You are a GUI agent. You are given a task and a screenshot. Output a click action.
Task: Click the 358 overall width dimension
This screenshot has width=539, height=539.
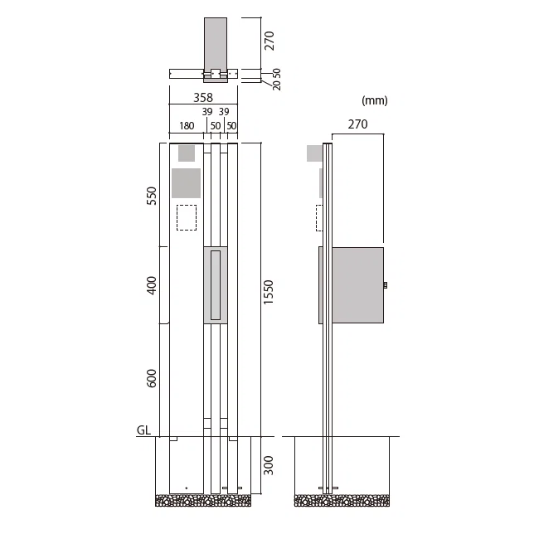coord(203,98)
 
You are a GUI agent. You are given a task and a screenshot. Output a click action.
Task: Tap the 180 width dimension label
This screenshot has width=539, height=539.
coord(187,126)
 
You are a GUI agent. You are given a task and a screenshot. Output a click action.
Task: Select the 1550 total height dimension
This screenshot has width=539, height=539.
coord(268,292)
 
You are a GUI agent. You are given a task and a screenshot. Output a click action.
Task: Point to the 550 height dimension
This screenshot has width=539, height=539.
coord(151,196)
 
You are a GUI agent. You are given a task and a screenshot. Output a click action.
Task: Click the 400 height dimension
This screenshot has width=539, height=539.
coord(151,285)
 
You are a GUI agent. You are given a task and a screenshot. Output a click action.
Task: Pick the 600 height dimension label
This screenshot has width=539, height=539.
coord(151,378)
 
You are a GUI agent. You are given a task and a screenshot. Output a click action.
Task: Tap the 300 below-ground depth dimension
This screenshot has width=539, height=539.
coord(268,466)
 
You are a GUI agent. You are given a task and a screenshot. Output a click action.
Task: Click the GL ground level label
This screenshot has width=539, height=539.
coord(143,430)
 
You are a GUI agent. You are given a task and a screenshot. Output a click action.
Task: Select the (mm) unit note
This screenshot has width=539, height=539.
coord(375,100)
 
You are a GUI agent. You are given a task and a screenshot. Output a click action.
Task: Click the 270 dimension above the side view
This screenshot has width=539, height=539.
coord(358,124)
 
